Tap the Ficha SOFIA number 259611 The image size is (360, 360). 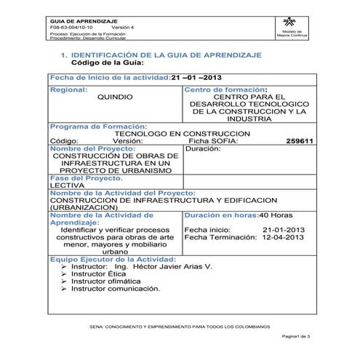300,141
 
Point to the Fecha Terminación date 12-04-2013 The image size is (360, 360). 283,237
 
